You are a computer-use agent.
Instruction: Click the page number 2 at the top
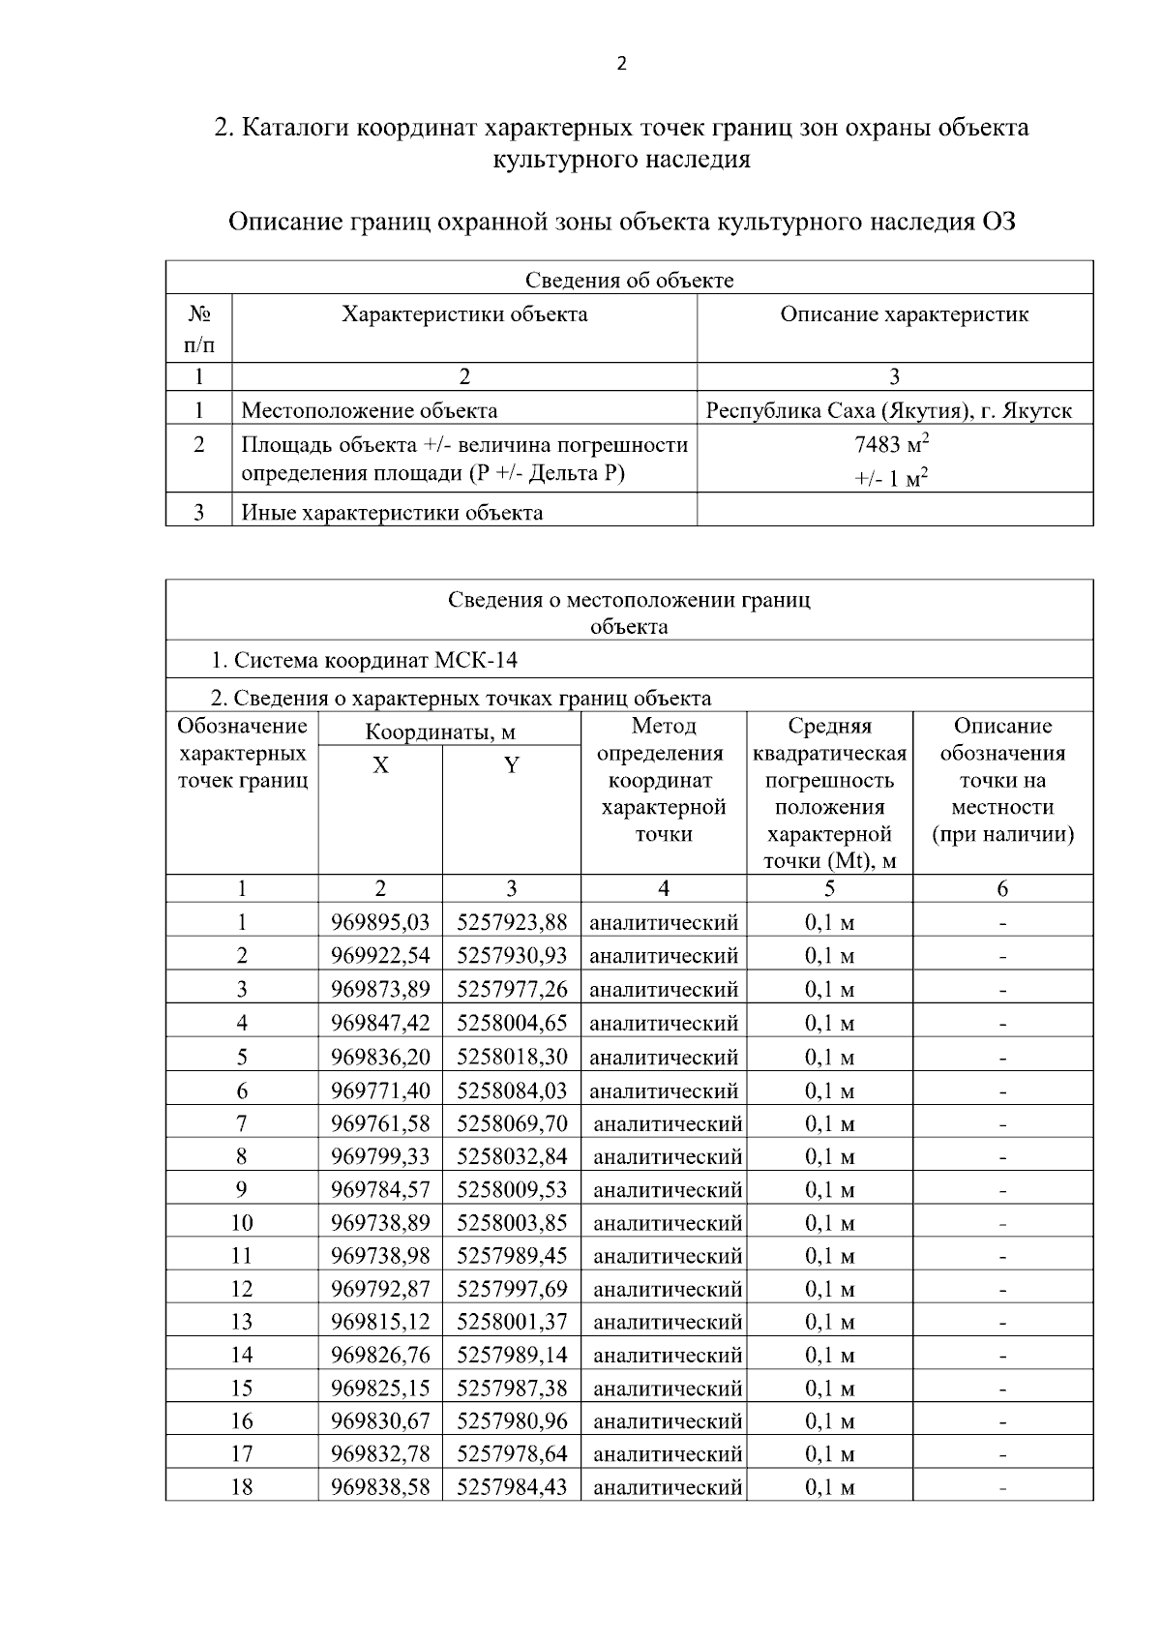coord(621,65)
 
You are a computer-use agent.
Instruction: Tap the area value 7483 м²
coord(891,444)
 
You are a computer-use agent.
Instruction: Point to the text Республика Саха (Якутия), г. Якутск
coord(888,410)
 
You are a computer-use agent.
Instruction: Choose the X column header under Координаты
coord(380,765)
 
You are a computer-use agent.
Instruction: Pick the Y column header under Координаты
coord(511,765)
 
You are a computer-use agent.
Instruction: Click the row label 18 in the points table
coord(241,1486)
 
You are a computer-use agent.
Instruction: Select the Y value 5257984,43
coord(512,1486)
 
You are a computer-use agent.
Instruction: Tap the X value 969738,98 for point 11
coord(380,1255)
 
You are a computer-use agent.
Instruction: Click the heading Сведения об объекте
coord(629,281)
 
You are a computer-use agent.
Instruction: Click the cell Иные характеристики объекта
coord(391,513)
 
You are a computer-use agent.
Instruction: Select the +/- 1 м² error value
coord(891,478)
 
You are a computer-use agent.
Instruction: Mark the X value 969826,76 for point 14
coord(380,1355)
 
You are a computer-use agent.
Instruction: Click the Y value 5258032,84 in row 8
coord(512,1156)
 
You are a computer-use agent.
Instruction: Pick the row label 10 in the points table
coord(241,1222)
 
